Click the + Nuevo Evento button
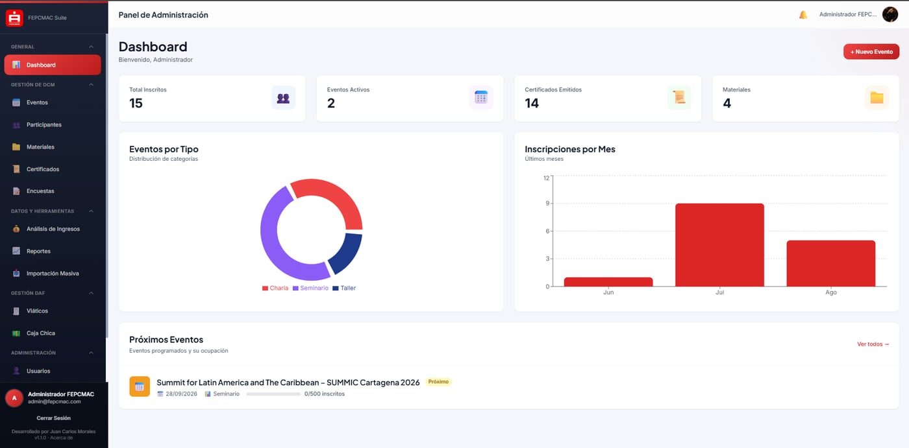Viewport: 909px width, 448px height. pyautogui.click(x=871, y=52)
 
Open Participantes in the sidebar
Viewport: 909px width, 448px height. pyautogui.click(x=44, y=124)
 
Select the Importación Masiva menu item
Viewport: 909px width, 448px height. pyautogui.click(x=53, y=274)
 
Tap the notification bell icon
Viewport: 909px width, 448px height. pyautogui.click(x=803, y=15)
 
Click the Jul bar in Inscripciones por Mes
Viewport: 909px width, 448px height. pyautogui.click(x=719, y=244)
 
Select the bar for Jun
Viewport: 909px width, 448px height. pyautogui.click(x=608, y=282)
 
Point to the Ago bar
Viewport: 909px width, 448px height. pyautogui.click(x=830, y=263)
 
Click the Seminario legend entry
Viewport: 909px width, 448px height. pyautogui.click(x=310, y=288)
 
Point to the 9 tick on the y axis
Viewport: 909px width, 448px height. pyautogui.click(x=547, y=204)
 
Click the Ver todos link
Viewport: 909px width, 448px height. pyautogui.click(x=873, y=344)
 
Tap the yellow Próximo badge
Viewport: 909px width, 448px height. pyautogui.click(x=438, y=382)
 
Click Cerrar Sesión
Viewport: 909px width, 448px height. pyautogui.click(x=53, y=418)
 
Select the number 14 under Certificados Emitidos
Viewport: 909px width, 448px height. pyautogui.click(x=532, y=103)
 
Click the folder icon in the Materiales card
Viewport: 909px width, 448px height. pyautogui.click(x=877, y=98)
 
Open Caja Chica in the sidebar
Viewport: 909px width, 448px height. pyautogui.click(x=40, y=333)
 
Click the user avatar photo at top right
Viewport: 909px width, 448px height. pyautogui.click(x=890, y=14)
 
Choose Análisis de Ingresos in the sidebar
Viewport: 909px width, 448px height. pyautogui.click(x=53, y=229)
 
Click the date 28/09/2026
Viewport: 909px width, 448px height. pyautogui.click(x=181, y=394)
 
